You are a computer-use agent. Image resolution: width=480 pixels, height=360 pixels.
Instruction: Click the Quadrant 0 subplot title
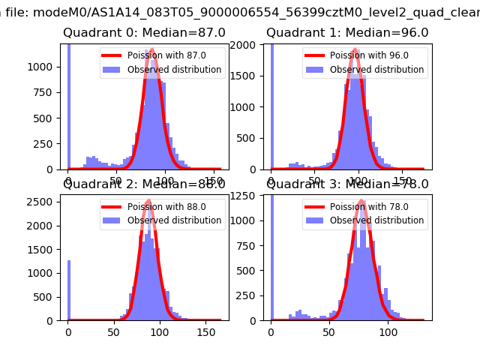[144, 33]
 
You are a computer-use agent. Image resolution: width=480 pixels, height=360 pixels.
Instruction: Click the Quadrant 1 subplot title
[347, 33]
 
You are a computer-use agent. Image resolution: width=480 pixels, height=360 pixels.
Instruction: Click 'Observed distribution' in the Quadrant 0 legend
[174, 70]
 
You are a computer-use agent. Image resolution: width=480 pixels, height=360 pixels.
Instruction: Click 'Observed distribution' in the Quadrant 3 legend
[376, 221]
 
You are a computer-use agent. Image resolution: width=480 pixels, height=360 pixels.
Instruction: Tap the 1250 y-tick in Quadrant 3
[247, 196]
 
